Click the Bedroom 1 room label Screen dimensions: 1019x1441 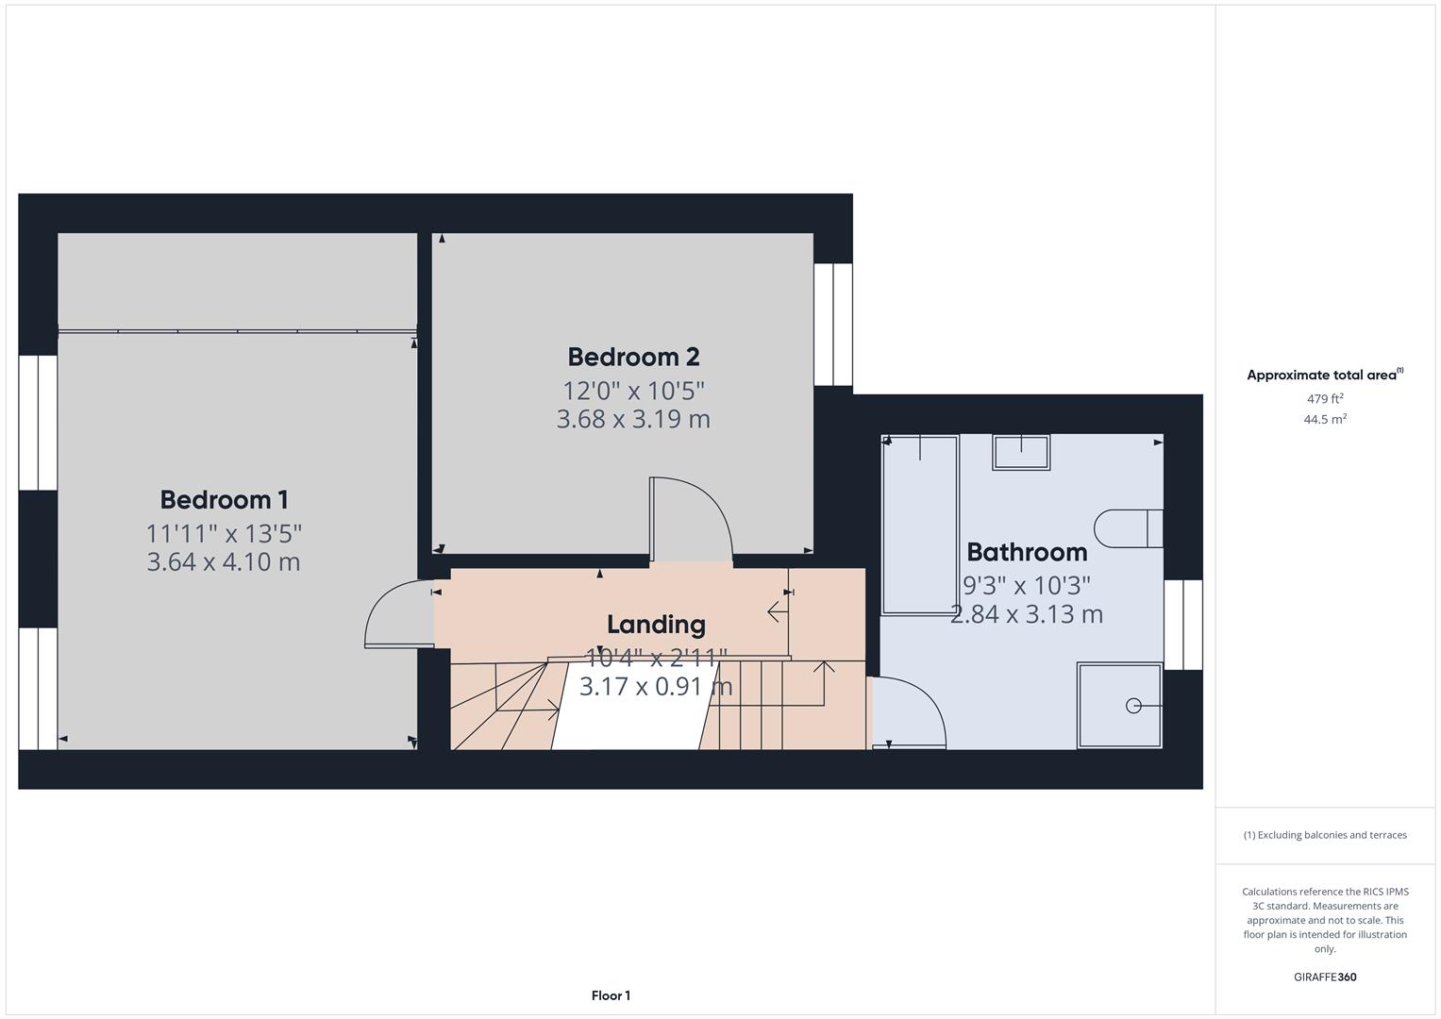[x=224, y=500]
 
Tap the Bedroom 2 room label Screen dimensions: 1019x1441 [x=633, y=358]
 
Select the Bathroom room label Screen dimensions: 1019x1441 [x=1027, y=552]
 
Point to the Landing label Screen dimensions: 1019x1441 [x=656, y=625]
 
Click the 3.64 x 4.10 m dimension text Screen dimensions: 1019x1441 [x=224, y=562]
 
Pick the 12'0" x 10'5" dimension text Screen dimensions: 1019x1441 [x=633, y=390]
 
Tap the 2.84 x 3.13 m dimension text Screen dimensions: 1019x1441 [x=1027, y=614]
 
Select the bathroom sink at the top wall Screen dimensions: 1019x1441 [x=1020, y=452]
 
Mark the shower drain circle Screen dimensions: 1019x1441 [x=1133, y=706]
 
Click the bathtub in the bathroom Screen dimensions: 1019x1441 [x=920, y=525]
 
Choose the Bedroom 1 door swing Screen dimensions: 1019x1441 [x=399, y=614]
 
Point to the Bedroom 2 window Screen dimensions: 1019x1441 [x=833, y=325]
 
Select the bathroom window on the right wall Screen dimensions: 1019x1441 [x=1183, y=625]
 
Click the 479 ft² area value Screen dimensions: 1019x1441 [x=1324, y=399]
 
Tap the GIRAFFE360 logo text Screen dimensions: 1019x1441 [x=1324, y=977]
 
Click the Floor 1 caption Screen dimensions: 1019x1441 [x=611, y=995]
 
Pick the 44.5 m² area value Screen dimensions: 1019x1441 [x=1324, y=420]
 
